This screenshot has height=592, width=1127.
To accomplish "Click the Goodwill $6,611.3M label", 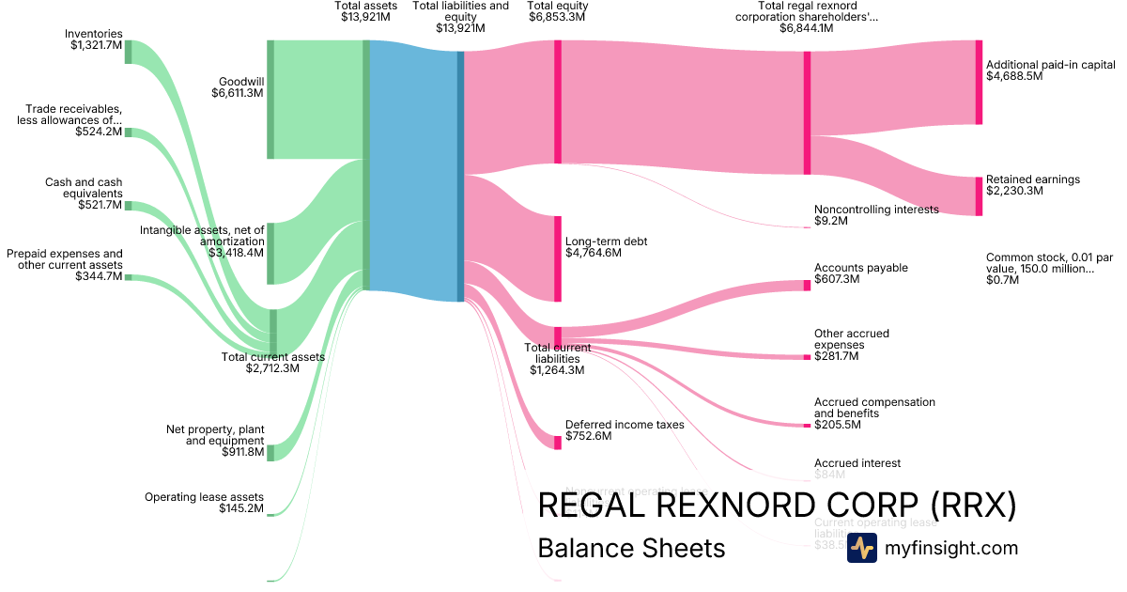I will pyautogui.click(x=239, y=87).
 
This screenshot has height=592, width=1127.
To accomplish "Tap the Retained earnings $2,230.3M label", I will pyautogui.click(x=1032, y=185).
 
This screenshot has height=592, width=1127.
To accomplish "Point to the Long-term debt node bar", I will pyautogui.click(x=557, y=258).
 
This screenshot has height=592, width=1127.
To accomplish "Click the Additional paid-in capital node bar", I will pyautogui.click(x=979, y=82).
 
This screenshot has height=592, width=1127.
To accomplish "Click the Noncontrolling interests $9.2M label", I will pyautogui.click(x=875, y=215).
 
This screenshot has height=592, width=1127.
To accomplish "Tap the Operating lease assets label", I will pyautogui.click(x=204, y=503).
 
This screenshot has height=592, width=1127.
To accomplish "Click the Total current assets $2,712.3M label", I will pyautogui.click(x=272, y=363).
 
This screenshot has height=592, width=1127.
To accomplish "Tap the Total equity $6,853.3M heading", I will pyautogui.click(x=557, y=11).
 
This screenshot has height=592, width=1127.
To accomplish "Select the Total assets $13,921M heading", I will pyautogui.click(x=365, y=11).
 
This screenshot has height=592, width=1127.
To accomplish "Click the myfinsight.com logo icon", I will pyautogui.click(x=861, y=548).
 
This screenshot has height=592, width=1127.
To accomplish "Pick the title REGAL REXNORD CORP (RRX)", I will pyautogui.click(x=777, y=506).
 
